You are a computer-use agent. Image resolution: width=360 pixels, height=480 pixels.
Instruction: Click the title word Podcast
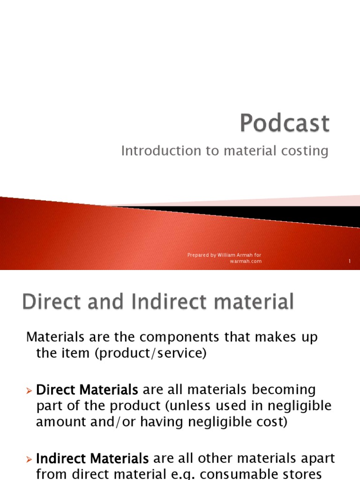pos(285,124)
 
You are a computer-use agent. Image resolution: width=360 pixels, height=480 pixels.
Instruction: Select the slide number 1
pos(350,261)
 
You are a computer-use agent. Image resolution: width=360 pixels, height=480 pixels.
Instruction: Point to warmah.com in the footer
pos(246,261)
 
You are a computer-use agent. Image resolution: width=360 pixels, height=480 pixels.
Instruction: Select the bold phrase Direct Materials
pos(87,390)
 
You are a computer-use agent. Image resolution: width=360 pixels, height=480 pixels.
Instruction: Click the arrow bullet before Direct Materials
pos(30,390)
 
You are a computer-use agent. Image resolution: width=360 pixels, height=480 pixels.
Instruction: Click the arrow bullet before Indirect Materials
pos(30,457)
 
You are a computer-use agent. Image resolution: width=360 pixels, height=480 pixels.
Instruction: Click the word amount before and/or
pos(58,421)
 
